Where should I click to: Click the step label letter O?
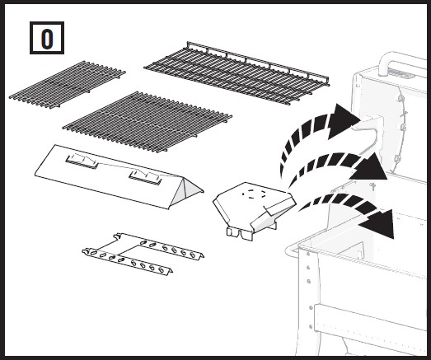[x=47, y=39]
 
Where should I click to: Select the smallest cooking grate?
[x=68, y=84]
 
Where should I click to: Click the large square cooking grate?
[x=148, y=122]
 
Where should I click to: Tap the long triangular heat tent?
[x=119, y=175]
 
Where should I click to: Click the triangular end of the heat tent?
[x=187, y=193]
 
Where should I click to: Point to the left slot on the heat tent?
[x=82, y=161]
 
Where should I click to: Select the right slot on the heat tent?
[x=146, y=176]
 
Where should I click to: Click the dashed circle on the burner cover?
[x=255, y=194]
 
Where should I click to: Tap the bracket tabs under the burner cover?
[x=239, y=234]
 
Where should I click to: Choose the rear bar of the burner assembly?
[x=160, y=246]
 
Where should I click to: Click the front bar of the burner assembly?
[x=127, y=261]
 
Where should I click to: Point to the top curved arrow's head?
[x=343, y=120]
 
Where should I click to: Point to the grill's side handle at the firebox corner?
[x=292, y=250]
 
